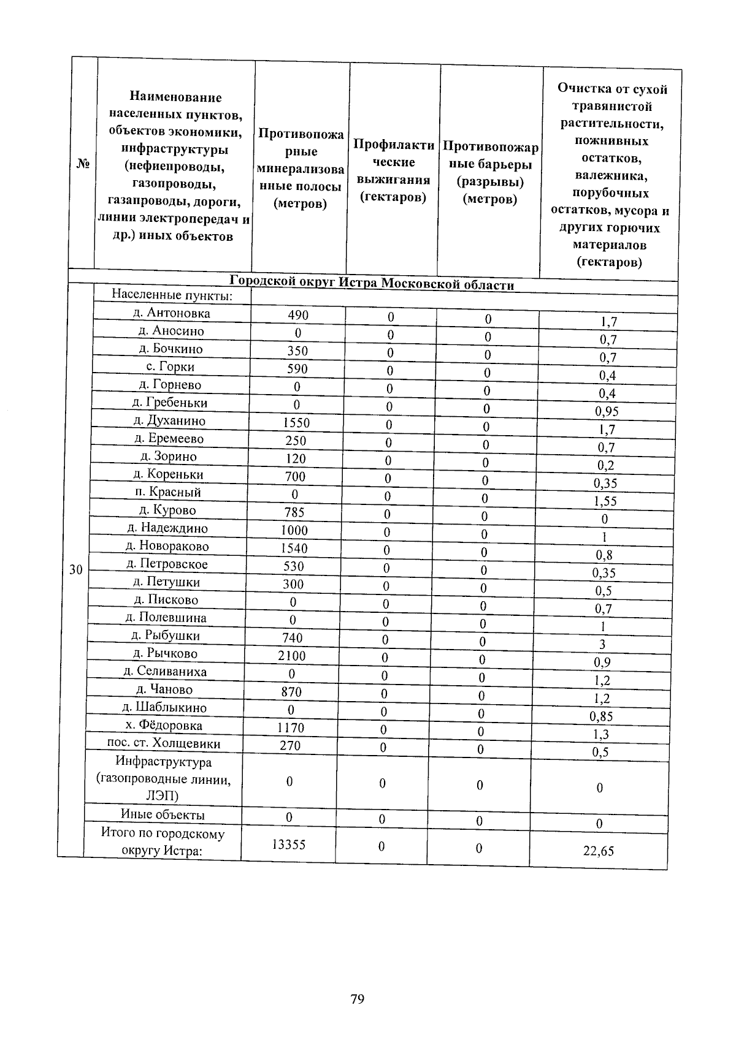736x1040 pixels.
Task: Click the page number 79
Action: coord(357,1000)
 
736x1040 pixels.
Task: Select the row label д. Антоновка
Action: coord(171,313)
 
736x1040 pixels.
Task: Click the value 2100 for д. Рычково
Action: coord(291,656)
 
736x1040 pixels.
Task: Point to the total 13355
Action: coord(288,845)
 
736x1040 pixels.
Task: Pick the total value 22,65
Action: coord(598,851)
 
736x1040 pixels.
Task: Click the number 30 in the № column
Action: coord(75,570)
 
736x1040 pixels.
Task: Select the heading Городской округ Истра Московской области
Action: coord(372,284)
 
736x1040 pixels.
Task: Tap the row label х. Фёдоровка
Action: coord(163,726)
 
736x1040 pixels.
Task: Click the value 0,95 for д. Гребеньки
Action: coord(606,412)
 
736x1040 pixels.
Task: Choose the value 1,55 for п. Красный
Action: coord(605,501)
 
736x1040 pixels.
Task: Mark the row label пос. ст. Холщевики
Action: coord(164,743)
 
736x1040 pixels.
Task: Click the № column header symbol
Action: coord(83,164)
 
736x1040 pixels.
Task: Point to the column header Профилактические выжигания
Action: coord(393,171)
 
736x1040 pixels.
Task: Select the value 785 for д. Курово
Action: coord(294,512)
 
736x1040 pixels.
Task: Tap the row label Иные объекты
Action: coord(163,815)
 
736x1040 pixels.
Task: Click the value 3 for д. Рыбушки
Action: coord(602,644)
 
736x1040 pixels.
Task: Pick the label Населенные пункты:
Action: coord(171,295)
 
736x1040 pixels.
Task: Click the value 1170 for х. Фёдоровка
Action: coord(290,727)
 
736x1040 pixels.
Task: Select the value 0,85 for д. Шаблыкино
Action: coord(601,716)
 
